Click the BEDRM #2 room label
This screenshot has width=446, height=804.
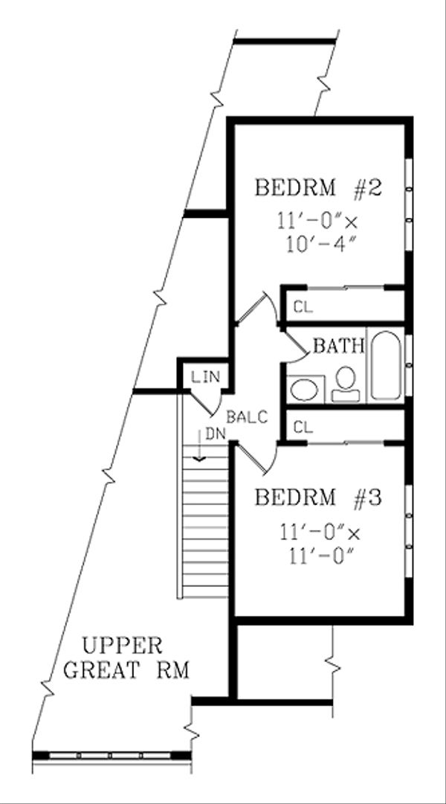point(317,187)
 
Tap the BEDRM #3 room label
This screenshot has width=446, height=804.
point(317,497)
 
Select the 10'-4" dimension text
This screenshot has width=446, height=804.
point(318,245)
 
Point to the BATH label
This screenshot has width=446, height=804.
point(338,345)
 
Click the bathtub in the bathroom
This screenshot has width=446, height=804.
point(387,364)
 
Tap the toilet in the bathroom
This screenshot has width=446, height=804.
point(344,382)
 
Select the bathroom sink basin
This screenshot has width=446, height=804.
point(303,388)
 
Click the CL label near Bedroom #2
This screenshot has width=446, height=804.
point(302,306)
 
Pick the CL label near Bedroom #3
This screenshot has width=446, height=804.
point(302,427)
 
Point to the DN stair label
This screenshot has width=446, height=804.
point(215,433)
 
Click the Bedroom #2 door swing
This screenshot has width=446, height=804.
point(257,309)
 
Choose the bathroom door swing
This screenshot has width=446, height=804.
point(296,343)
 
